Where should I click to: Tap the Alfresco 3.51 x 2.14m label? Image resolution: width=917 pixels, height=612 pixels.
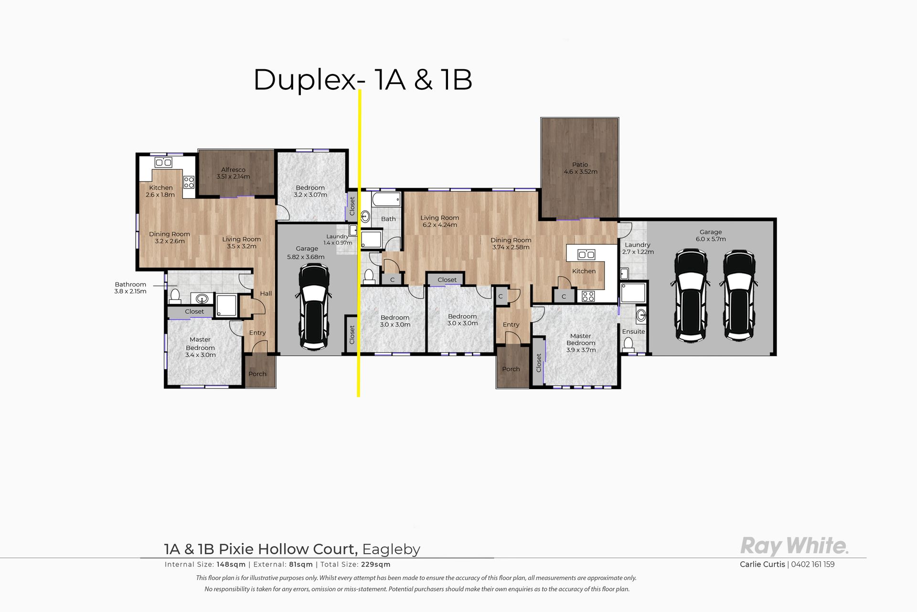click(x=233, y=173)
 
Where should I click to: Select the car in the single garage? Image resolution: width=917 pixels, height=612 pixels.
click(x=313, y=307)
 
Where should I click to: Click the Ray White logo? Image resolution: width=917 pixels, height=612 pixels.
click(x=794, y=546)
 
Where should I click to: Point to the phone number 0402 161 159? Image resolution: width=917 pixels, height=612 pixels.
click(x=813, y=564)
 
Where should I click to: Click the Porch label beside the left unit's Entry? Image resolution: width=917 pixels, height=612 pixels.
click(x=257, y=374)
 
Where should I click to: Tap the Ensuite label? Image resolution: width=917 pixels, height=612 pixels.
click(x=633, y=331)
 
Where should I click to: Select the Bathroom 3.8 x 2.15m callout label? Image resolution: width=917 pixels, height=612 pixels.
click(x=130, y=288)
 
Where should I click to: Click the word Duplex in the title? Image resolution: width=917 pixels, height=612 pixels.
click(x=305, y=80)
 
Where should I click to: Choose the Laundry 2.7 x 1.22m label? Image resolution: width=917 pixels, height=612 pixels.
click(x=638, y=248)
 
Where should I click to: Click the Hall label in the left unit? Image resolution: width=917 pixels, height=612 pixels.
click(x=266, y=294)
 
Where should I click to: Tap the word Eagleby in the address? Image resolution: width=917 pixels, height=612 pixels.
click(x=391, y=549)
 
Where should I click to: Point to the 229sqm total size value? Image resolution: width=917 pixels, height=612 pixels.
click(x=376, y=564)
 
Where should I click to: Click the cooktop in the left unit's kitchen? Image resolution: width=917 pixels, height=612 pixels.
click(x=189, y=182)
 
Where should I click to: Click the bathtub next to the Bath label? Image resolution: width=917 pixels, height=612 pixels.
click(x=386, y=199)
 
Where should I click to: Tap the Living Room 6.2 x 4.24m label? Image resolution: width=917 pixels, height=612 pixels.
click(x=439, y=221)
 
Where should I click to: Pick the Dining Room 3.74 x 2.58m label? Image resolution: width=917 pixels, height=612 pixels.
click(x=511, y=243)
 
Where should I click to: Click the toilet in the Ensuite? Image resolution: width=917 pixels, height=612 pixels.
click(x=628, y=345)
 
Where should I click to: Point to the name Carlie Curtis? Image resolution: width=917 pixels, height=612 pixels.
click(x=762, y=564)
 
